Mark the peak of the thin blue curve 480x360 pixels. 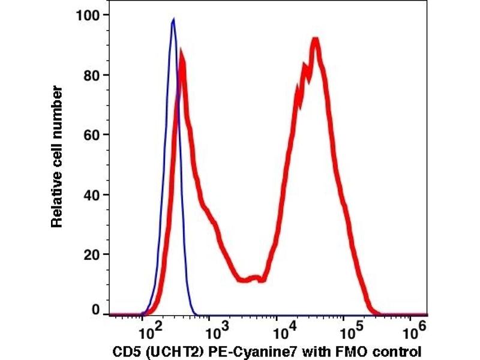coord(173,20)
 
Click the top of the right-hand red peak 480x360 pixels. coord(314,41)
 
